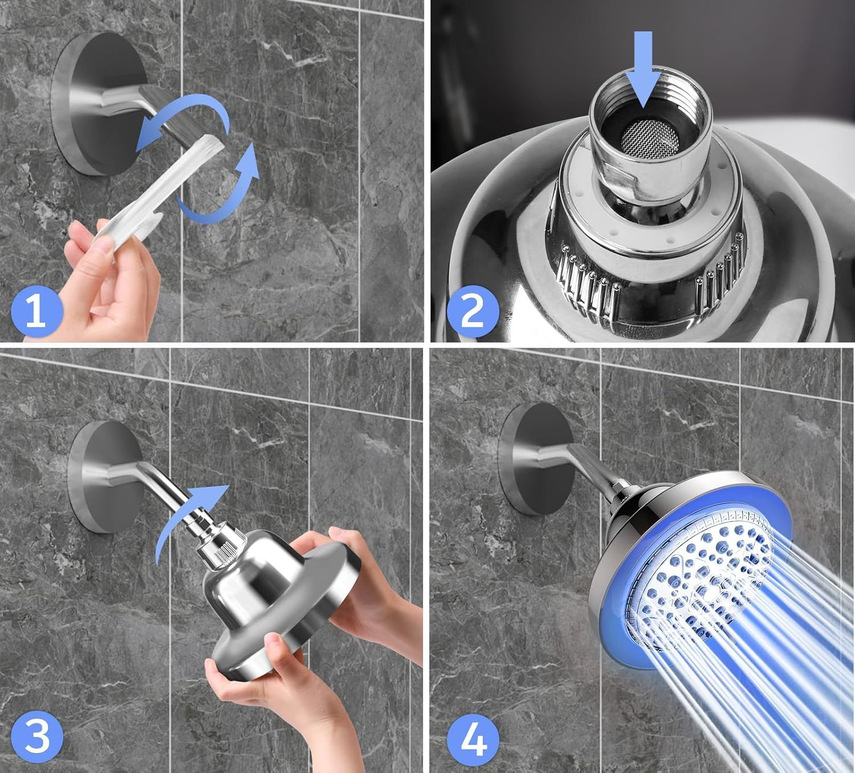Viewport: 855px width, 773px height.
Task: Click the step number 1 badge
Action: click(37, 311)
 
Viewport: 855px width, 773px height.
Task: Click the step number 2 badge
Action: click(473, 312)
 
